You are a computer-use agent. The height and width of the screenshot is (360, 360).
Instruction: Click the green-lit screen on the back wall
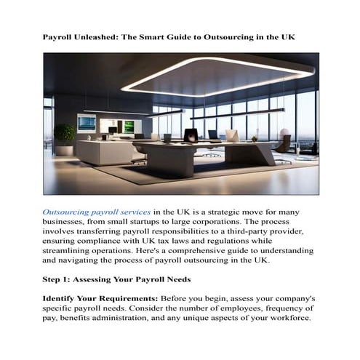click(129, 126)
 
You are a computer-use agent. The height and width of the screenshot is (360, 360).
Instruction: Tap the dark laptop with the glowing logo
click(191, 135)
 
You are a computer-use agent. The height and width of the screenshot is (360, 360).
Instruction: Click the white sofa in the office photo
click(102, 151)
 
